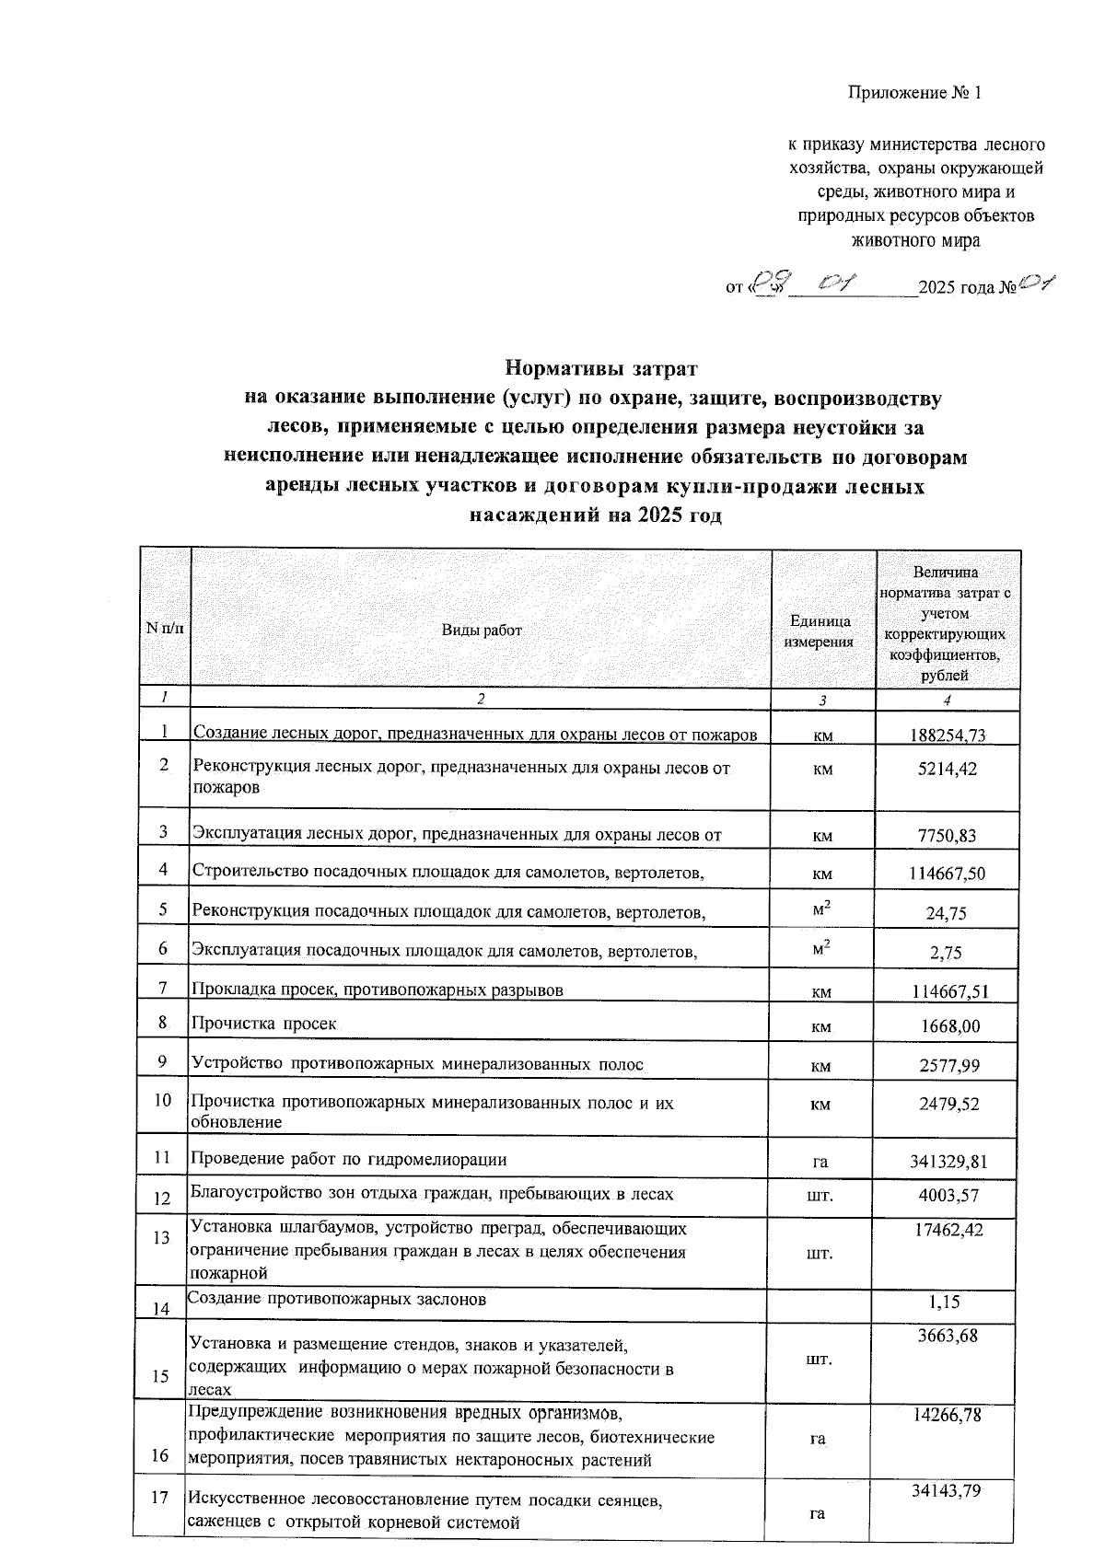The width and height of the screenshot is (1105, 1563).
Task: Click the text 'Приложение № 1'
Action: pyautogui.click(x=915, y=93)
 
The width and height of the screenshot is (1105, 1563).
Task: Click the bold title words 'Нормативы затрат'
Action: pyautogui.click(x=602, y=369)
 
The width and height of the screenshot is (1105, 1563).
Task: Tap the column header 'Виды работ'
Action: pyautogui.click(x=481, y=631)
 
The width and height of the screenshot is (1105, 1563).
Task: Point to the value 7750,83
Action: pyautogui.click(x=948, y=836)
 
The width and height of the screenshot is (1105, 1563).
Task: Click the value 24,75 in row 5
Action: pyautogui.click(x=948, y=914)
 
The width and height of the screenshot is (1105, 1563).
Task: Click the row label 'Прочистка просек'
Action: pyautogui.click(x=263, y=1024)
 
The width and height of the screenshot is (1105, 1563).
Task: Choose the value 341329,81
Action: pyautogui.click(x=948, y=1162)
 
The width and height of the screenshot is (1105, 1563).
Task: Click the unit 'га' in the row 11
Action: pyautogui.click(x=820, y=1163)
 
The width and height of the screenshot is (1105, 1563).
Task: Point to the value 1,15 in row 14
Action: pyautogui.click(x=950, y=1302)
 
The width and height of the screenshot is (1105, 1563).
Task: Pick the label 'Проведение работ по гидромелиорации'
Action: pyautogui.click(x=348, y=1159)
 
